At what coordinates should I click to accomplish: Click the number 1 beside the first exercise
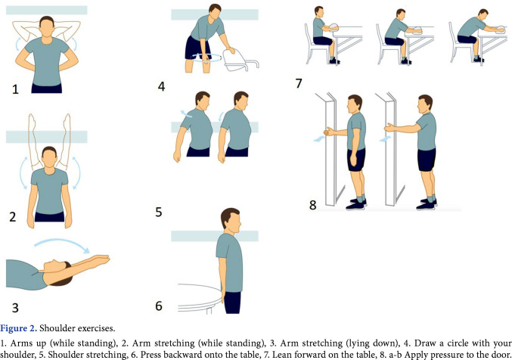point(15,89)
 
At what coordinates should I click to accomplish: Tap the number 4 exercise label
point(161,86)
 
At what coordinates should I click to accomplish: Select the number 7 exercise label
point(299,84)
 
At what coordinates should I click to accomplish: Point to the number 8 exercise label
point(313,205)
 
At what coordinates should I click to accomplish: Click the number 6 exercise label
point(159,306)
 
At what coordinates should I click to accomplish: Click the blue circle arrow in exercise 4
point(206,58)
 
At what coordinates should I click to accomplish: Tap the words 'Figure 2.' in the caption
point(19,328)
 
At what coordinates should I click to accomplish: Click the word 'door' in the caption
point(501,355)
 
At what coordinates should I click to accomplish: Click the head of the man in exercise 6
point(231,219)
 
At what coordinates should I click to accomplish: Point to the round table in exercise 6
point(199,299)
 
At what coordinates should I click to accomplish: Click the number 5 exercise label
point(159,212)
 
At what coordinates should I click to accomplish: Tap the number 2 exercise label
point(12,217)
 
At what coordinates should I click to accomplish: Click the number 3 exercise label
point(15,308)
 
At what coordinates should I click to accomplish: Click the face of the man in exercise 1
point(47,29)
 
